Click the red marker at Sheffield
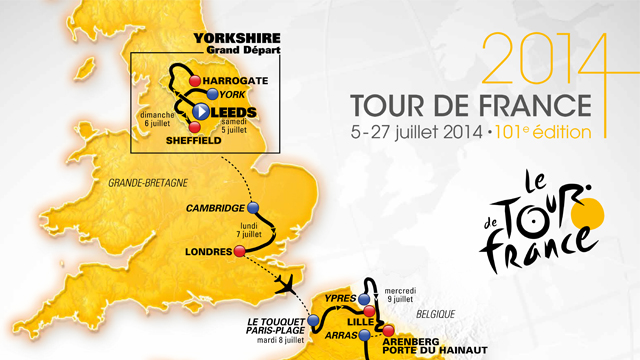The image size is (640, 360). (195, 128)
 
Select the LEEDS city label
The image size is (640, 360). (234, 111)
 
